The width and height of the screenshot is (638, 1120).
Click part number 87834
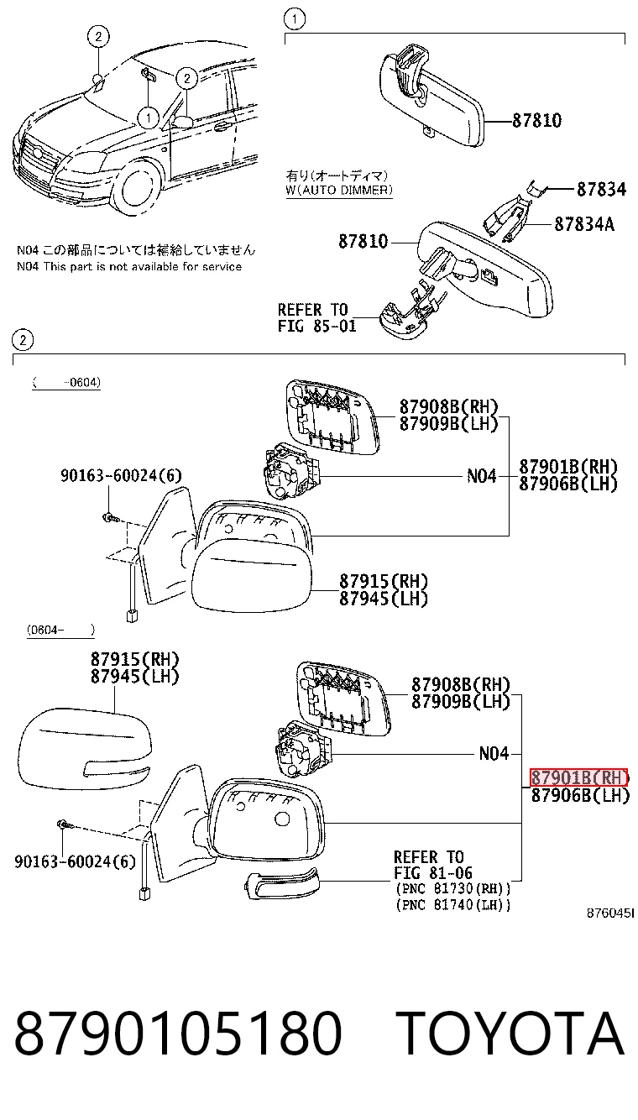[x=601, y=189]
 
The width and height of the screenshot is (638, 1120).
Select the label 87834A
[x=584, y=224]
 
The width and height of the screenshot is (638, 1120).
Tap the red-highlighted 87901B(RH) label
[x=578, y=777]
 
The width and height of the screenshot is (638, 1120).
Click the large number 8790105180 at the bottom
[x=178, y=1034]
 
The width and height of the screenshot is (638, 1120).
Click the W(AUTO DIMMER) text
[x=339, y=190]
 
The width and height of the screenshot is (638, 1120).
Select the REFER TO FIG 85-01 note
[x=316, y=318]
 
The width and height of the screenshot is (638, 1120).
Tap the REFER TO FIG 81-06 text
[x=433, y=865]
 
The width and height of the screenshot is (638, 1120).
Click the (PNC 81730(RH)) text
[x=453, y=888]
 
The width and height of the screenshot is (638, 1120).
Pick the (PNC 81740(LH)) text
[x=453, y=904]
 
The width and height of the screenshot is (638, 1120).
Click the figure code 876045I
[x=610, y=913]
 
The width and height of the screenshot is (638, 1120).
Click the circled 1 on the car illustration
[x=149, y=118]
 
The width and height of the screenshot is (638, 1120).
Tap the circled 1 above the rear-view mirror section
[x=294, y=19]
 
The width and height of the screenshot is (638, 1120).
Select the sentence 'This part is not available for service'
[x=142, y=266]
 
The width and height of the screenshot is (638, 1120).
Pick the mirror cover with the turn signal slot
[x=85, y=746]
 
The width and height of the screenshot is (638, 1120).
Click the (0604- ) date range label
[x=60, y=630]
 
